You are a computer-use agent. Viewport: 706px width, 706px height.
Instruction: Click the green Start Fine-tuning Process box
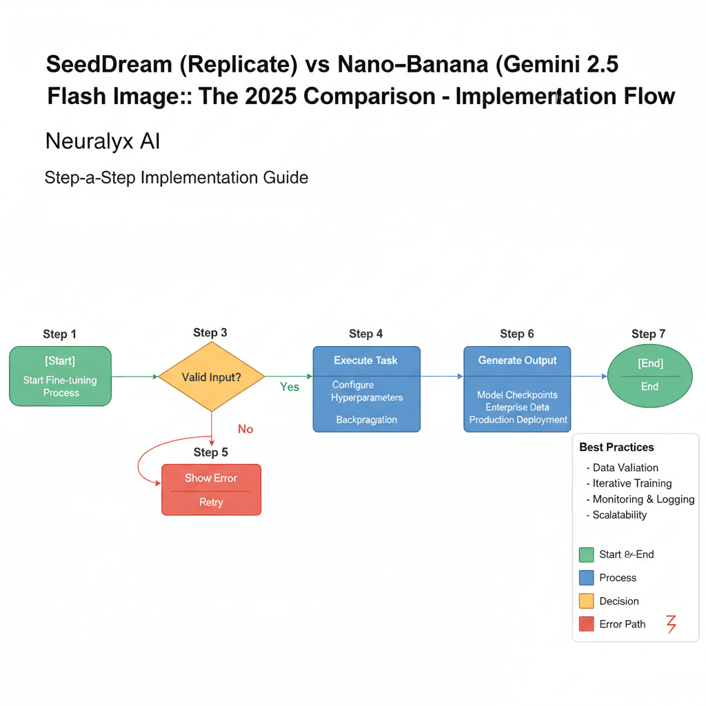pyautogui.click(x=60, y=376)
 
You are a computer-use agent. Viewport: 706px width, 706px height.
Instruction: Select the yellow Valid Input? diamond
pyautogui.click(x=212, y=377)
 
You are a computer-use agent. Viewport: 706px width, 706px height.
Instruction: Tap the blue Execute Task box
pyautogui.click(x=366, y=389)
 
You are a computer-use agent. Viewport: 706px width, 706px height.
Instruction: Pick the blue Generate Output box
pyautogui.click(x=517, y=389)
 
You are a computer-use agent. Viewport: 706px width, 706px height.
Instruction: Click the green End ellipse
pyautogui.click(x=649, y=376)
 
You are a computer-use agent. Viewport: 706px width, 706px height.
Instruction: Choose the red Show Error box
pyautogui.click(x=211, y=490)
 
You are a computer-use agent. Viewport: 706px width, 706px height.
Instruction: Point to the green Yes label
pyautogui.click(x=290, y=387)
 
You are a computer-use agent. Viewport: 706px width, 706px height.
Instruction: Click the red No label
pyautogui.click(x=245, y=429)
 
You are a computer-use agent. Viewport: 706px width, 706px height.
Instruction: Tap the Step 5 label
pyautogui.click(x=210, y=452)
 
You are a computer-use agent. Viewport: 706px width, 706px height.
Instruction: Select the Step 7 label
pyautogui.click(x=648, y=334)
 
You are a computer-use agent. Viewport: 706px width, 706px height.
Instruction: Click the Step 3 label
pyautogui.click(x=210, y=332)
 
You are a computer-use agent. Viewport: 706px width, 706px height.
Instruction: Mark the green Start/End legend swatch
pyautogui.click(x=586, y=555)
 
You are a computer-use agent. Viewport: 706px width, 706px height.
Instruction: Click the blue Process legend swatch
pyautogui.click(x=586, y=578)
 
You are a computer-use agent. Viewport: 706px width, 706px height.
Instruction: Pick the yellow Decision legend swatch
pyautogui.click(x=586, y=601)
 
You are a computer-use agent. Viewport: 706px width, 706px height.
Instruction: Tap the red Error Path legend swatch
pyautogui.click(x=586, y=624)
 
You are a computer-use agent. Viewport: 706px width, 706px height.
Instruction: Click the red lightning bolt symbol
pyautogui.click(x=670, y=624)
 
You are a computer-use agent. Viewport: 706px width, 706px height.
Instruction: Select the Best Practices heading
pyautogui.click(x=616, y=447)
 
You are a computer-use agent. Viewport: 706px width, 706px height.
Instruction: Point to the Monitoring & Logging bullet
pyautogui.click(x=643, y=499)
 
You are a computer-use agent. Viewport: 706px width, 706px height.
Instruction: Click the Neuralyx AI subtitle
pyautogui.click(x=103, y=141)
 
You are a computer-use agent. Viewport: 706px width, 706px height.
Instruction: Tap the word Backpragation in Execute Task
pyautogui.click(x=366, y=420)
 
